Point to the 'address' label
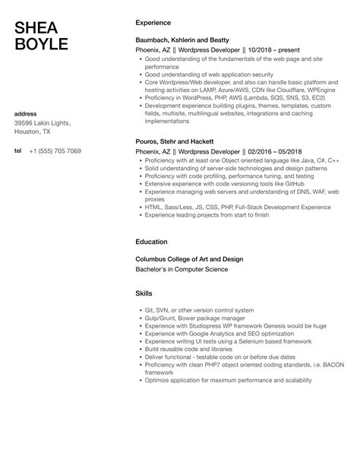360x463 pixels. tap(26, 113)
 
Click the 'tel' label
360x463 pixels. tap(18, 151)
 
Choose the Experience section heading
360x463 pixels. tap(153, 23)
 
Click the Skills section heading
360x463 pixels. tap(144, 293)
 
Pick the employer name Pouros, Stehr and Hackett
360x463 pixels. tap(176, 141)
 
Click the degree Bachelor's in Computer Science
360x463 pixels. tap(188, 268)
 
